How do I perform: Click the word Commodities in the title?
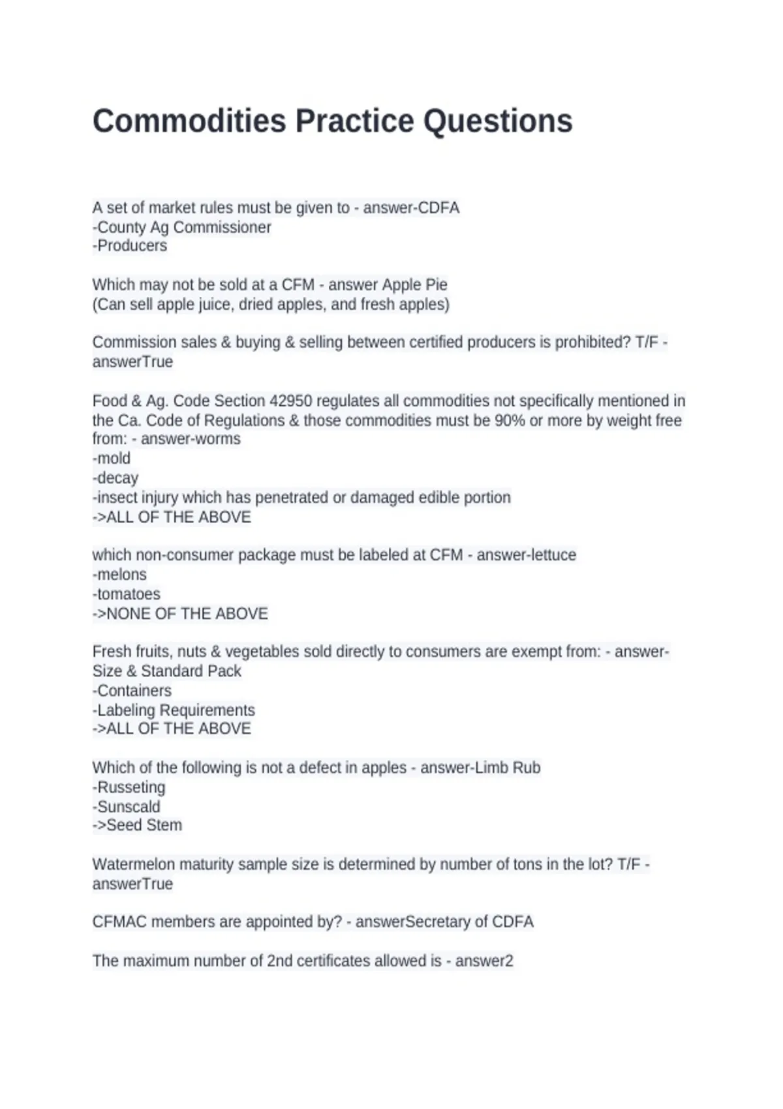tap(189, 121)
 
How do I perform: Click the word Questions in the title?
tap(498, 121)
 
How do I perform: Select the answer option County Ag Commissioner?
tap(183, 227)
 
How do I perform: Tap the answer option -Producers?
tap(130, 246)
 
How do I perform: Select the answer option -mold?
tap(112, 459)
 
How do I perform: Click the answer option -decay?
tap(115, 478)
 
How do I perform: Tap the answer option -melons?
tap(119, 575)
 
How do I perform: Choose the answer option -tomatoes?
tap(127, 594)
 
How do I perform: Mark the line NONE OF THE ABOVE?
tap(187, 614)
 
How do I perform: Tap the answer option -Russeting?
tap(129, 787)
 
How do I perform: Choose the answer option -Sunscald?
tap(127, 807)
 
